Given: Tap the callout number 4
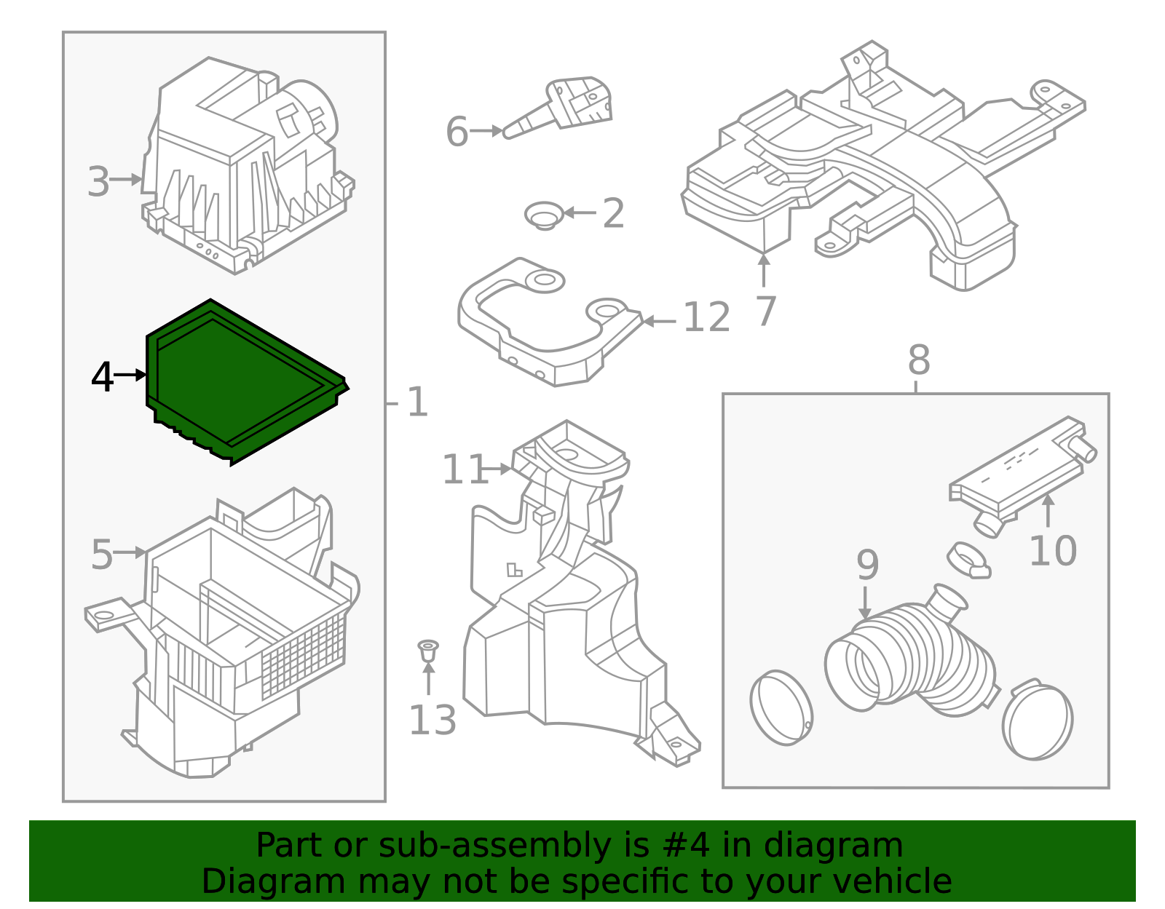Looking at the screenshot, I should click(102, 377).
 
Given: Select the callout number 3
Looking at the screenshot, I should click(98, 181).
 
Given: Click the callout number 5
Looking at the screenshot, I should click(102, 555).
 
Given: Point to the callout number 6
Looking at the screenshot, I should click(457, 132).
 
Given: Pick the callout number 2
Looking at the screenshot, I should click(613, 213).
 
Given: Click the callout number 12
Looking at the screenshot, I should click(706, 318).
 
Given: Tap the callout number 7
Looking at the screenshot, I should click(765, 311).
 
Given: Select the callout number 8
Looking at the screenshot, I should click(919, 360).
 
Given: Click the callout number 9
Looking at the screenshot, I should click(867, 564).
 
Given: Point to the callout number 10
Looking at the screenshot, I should click(1052, 550).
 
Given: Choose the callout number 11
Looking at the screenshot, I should click(464, 469).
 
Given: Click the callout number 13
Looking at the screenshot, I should click(433, 721).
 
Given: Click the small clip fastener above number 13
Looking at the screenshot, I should click(428, 649).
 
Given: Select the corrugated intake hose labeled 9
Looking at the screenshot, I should click(910, 655).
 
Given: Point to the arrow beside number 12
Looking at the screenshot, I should click(660, 320).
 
